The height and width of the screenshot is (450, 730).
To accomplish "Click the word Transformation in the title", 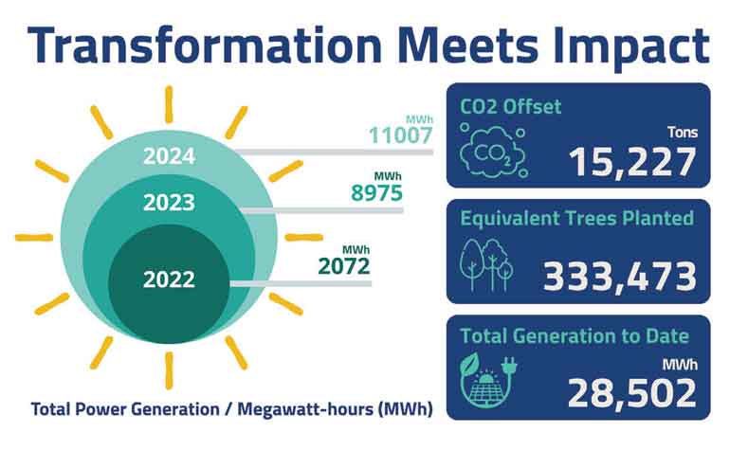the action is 205,45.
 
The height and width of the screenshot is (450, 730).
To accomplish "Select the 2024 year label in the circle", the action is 169,156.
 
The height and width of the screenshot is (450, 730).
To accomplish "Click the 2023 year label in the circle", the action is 169,203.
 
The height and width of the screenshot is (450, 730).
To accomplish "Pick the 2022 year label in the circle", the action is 169,279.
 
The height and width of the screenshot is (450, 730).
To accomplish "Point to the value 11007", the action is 401,135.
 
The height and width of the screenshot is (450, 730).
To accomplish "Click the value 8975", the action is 376,192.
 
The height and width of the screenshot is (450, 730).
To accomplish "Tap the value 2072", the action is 344,266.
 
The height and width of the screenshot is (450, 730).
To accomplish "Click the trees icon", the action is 486,264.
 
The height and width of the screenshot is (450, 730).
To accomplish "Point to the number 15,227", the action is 632,162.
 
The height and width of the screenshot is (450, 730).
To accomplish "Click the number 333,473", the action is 620,277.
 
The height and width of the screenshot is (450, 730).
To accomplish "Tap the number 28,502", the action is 632,393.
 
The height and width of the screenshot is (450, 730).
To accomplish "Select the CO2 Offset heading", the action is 511,106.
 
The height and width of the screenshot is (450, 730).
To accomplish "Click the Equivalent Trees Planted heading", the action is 576,218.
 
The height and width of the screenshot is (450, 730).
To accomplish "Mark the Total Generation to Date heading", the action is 575,335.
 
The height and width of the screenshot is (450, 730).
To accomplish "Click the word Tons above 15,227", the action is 683,133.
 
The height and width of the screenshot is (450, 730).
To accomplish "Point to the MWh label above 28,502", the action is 680,365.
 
